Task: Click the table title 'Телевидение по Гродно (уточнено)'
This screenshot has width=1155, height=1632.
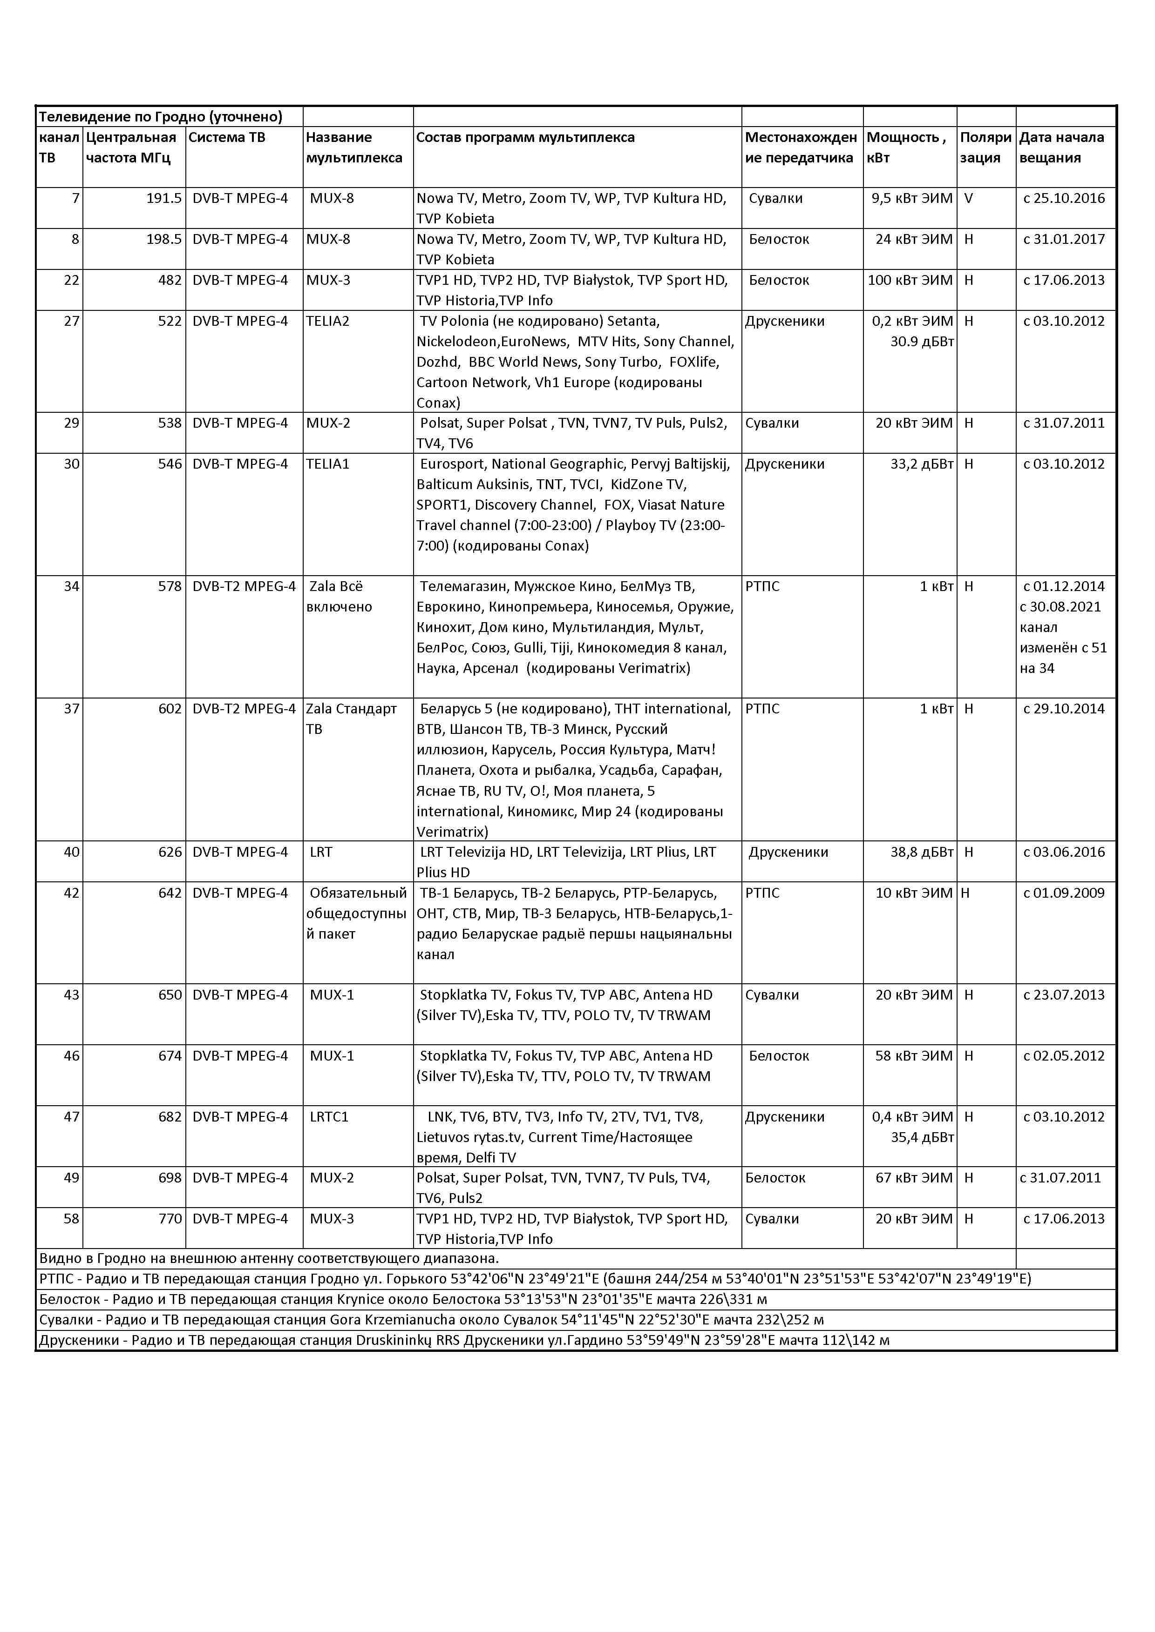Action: (x=160, y=116)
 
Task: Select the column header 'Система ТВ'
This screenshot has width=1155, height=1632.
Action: (x=226, y=137)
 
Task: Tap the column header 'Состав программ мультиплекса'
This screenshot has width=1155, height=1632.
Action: (x=525, y=137)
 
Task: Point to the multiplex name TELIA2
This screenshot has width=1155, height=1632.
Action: (x=328, y=321)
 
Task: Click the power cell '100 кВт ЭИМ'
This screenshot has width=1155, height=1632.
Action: (x=910, y=280)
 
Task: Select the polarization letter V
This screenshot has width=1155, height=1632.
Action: (x=968, y=198)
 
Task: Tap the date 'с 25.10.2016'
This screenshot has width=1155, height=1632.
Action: (x=1064, y=198)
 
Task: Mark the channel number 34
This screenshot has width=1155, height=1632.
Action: (x=71, y=586)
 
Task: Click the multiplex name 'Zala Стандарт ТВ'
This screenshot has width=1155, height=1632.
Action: (x=351, y=719)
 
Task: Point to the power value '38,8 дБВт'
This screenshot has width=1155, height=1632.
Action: (x=922, y=852)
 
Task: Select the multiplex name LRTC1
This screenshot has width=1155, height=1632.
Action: (x=329, y=1117)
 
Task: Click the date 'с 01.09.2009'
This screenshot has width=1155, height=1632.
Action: (x=1064, y=893)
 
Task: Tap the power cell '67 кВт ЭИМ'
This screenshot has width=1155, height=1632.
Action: (x=914, y=1178)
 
